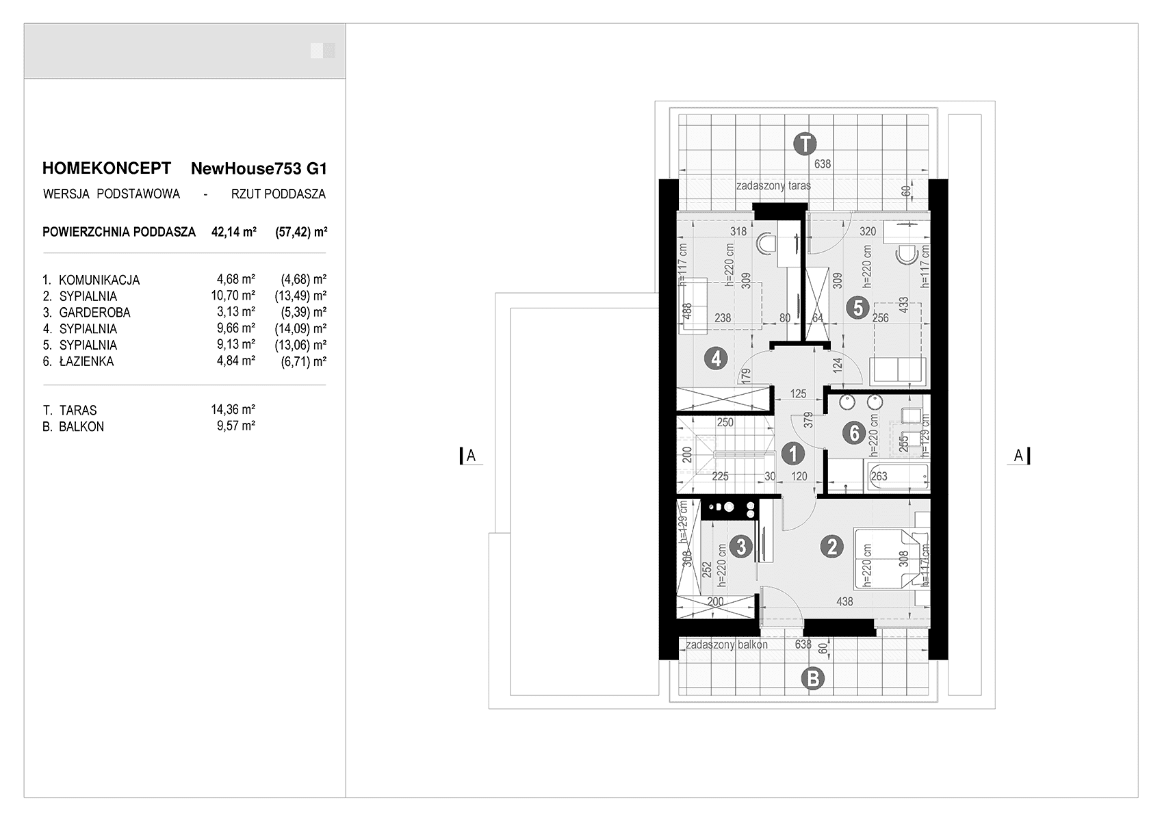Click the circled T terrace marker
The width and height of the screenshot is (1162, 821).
pos(805,144)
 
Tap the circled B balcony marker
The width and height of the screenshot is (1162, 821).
pos(813,679)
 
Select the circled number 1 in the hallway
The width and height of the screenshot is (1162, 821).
pos(792,454)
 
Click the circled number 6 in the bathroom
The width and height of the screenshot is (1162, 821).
pos(854,432)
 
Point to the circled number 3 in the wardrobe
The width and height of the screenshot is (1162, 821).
pos(740,546)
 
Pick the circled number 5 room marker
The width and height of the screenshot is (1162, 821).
pos(857,308)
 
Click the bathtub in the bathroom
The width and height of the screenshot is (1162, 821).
pos(898,475)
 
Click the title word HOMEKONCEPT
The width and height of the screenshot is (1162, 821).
pos(107,168)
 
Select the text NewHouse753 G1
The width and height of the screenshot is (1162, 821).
pos(259,168)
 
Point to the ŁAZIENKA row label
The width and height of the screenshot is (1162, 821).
pos(86,361)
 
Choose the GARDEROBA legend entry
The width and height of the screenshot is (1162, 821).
pos(94,312)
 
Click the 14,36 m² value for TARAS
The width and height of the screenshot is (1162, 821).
pos(233,409)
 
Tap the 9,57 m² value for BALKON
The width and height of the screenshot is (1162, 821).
pos(236,426)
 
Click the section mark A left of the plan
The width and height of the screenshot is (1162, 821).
pos(471,456)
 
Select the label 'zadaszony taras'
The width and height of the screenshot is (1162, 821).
pos(773,185)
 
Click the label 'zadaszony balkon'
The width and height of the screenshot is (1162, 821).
pos(727,644)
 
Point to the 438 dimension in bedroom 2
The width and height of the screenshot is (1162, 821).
pos(844,601)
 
